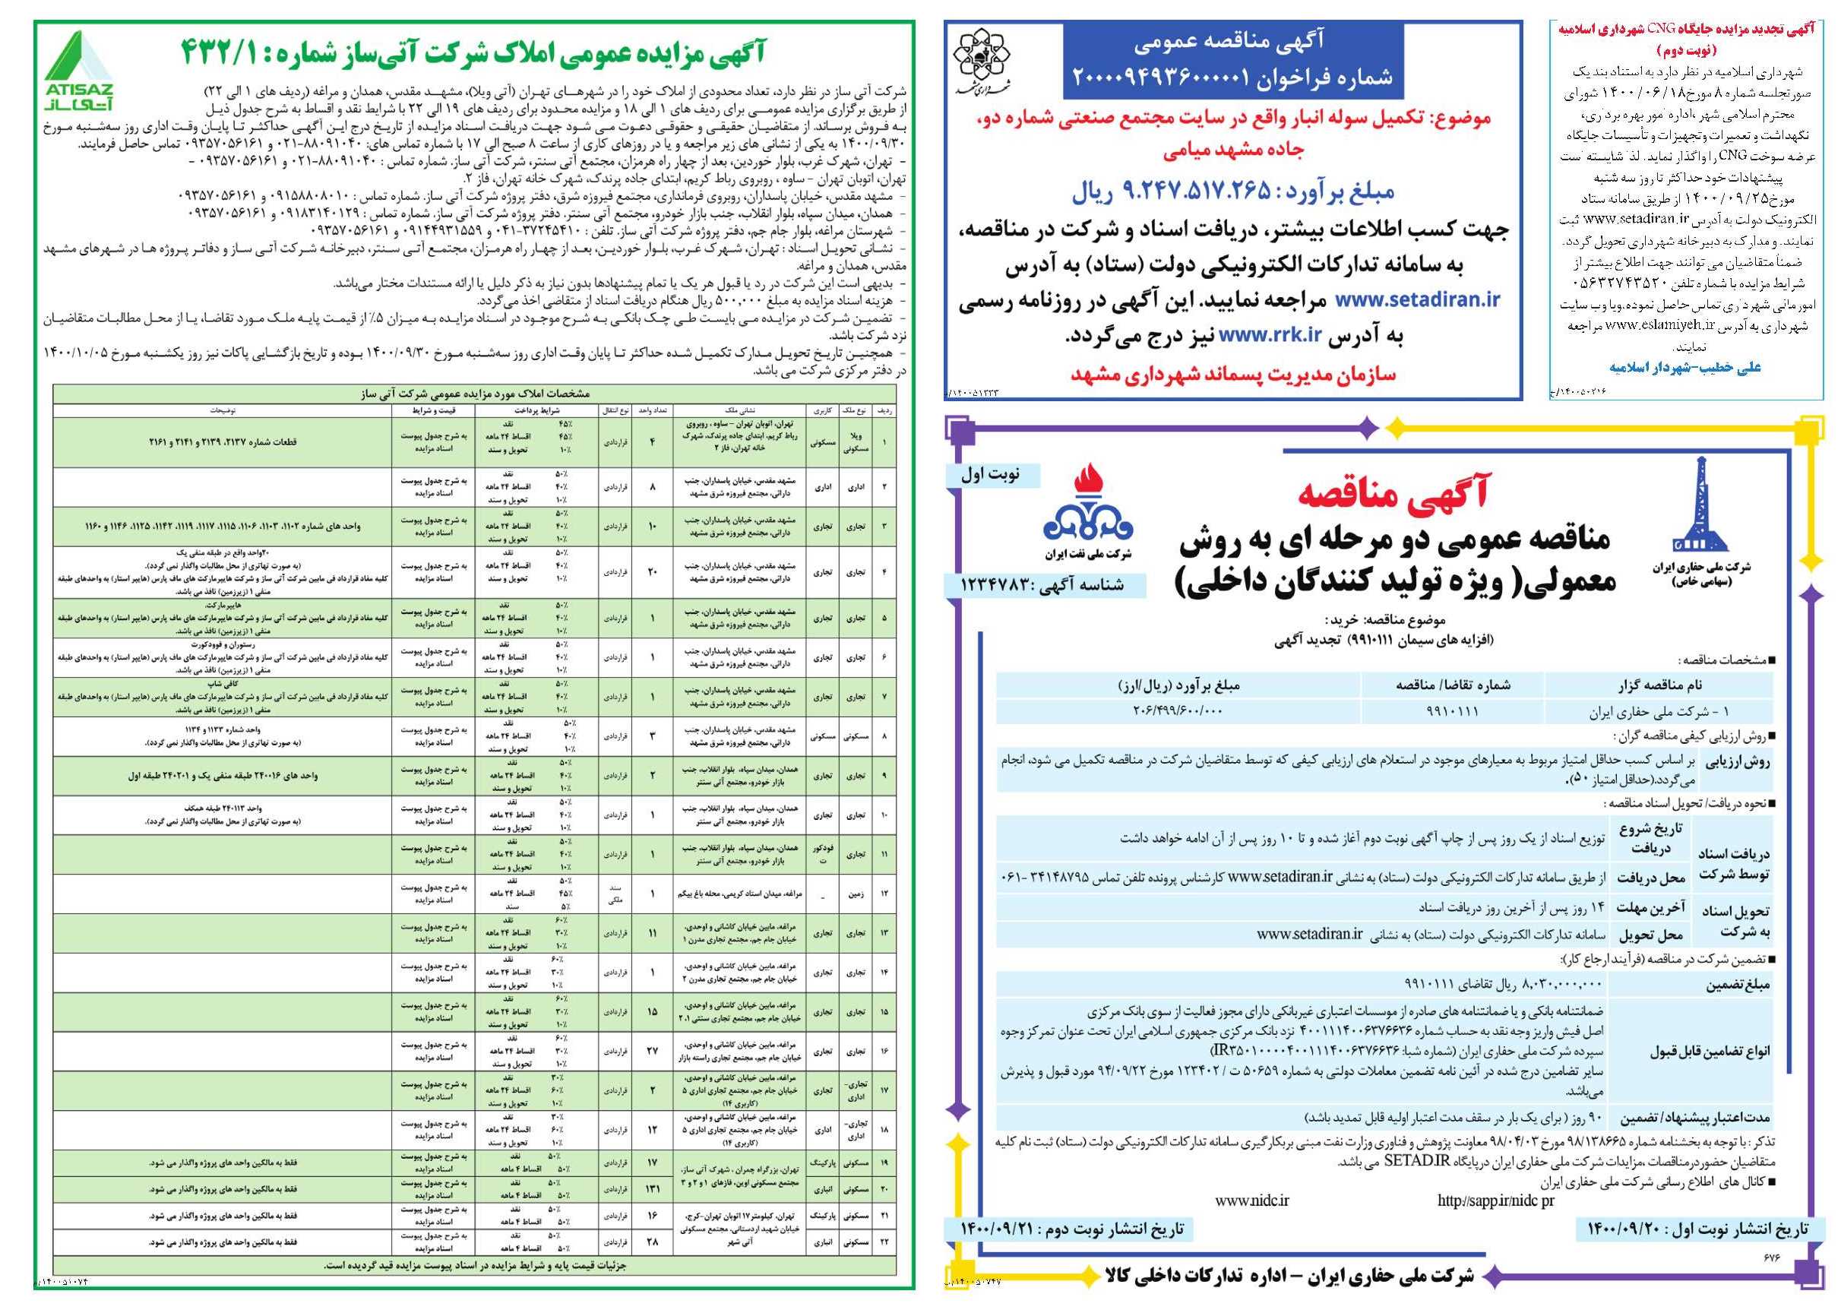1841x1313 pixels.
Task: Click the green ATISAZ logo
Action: click(77, 71)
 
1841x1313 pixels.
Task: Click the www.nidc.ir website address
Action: click(1252, 1201)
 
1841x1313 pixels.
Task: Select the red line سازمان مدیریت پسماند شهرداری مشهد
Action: click(1233, 375)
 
